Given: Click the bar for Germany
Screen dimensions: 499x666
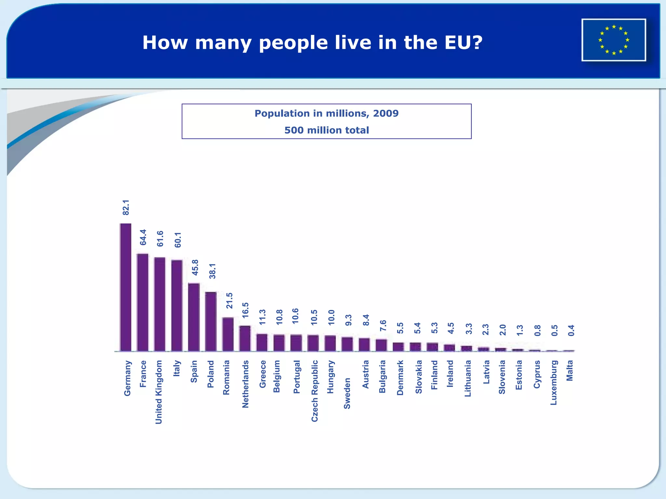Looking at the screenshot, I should click(x=126, y=288).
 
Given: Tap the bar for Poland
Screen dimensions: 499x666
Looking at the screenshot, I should click(x=211, y=322).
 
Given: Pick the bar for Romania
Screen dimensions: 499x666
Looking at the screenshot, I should click(x=228, y=335).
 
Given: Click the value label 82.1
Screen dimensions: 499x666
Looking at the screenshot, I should click(x=126, y=208).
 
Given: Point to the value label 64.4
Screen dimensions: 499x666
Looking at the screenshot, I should click(x=143, y=237).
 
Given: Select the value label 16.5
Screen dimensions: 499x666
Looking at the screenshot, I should click(x=246, y=310).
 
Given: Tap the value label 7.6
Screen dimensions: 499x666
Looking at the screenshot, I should click(x=383, y=326).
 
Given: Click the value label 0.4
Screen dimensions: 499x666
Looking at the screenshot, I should click(x=571, y=330).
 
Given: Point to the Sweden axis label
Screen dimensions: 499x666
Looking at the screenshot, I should click(x=347, y=393).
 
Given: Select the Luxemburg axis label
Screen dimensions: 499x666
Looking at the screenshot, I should click(x=554, y=383).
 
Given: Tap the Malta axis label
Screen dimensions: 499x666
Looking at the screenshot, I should click(x=570, y=371).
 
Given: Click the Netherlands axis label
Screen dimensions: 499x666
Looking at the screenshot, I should click(x=246, y=384).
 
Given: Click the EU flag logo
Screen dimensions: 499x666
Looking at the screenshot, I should click(x=614, y=40).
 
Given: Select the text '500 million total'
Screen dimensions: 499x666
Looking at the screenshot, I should click(x=326, y=130).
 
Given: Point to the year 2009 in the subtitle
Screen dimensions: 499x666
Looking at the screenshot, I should click(x=386, y=113).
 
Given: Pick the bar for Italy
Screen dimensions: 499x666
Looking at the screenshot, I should click(x=177, y=306).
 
